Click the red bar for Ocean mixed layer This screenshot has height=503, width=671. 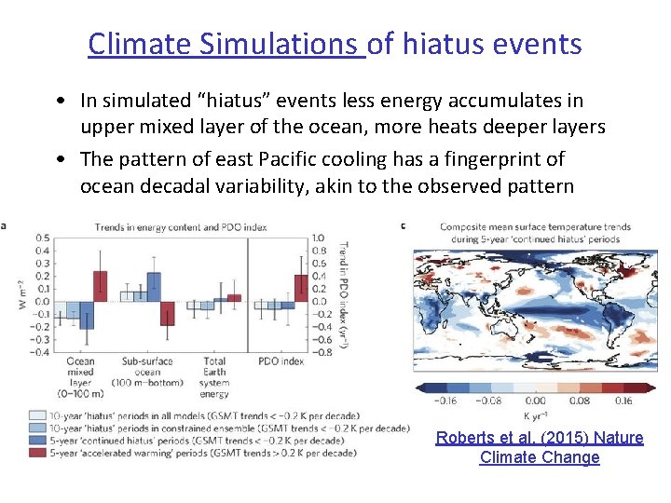pyautogui.click(x=100, y=286)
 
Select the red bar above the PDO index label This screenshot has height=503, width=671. pyautogui.click(x=301, y=288)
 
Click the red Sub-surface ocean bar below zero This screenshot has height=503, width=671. pyautogui.click(x=168, y=313)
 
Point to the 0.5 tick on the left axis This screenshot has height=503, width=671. pyautogui.click(x=43, y=238)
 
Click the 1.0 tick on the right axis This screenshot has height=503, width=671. pyautogui.click(x=318, y=238)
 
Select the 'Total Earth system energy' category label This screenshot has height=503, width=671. pyautogui.click(x=214, y=376)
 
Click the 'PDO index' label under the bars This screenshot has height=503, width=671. pyautogui.click(x=280, y=361)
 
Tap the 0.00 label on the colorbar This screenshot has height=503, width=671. pyautogui.click(x=537, y=401)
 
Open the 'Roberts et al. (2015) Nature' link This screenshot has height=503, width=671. pyautogui.click(x=540, y=438)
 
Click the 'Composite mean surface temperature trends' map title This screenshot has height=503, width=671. pyautogui.click(x=535, y=226)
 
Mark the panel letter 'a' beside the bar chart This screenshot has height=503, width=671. pyautogui.click(x=4, y=224)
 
